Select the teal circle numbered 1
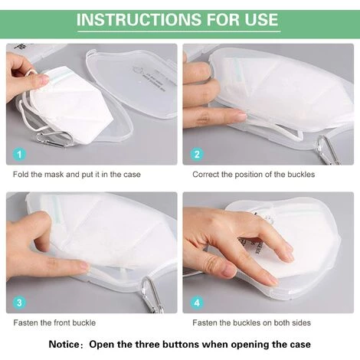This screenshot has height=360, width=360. (x=19, y=154)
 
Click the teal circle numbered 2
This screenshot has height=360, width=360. (x=197, y=154)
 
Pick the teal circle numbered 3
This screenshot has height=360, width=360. (x=19, y=303)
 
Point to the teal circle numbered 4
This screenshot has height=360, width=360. (x=197, y=303)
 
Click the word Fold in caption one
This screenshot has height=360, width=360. (x=21, y=175)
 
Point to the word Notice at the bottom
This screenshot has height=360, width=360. (x=64, y=344)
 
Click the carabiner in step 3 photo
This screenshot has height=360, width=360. (x=152, y=294)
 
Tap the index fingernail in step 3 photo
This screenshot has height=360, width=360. (x=83, y=266)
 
